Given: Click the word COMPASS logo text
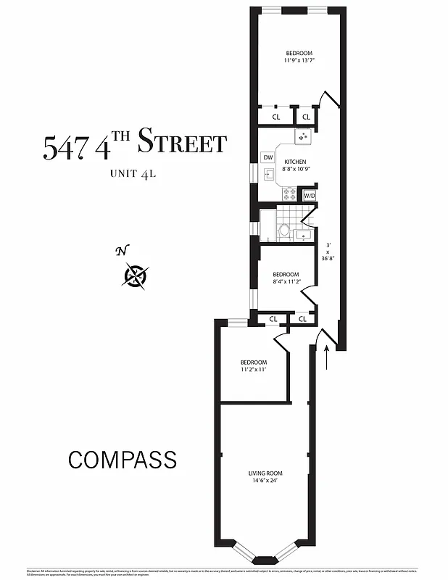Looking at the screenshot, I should click(x=123, y=460).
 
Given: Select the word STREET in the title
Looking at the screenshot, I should click(x=182, y=142).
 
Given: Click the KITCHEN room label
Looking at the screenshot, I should click(x=295, y=162).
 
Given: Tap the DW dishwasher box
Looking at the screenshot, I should click(x=267, y=157).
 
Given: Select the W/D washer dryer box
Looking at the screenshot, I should click(x=309, y=196).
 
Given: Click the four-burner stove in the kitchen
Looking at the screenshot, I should click(x=289, y=194).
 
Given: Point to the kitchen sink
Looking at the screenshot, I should click(x=268, y=174).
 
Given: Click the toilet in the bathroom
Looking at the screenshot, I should click(x=284, y=231).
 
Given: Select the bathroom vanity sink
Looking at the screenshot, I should click(x=302, y=233).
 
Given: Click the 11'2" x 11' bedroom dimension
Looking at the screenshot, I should click(x=254, y=370).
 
